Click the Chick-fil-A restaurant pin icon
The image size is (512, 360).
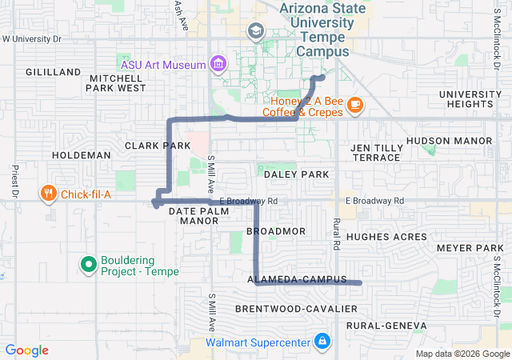pos(49,193)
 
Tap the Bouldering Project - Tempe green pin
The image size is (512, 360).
pos(89,262)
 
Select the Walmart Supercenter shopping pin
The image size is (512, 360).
pos(322,342)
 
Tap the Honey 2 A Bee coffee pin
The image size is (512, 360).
pos(354,104)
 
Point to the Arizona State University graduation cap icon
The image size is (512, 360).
pos(256,32)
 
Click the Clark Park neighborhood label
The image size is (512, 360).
pos(158,146)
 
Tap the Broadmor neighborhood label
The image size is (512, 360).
pos(276,231)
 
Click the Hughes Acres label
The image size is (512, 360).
pos(387,237)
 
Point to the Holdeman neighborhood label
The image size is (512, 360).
pos(81,154)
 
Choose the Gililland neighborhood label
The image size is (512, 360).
pos(54,72)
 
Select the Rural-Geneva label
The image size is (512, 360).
pos(386,326)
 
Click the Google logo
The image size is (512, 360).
pos(27,350)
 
